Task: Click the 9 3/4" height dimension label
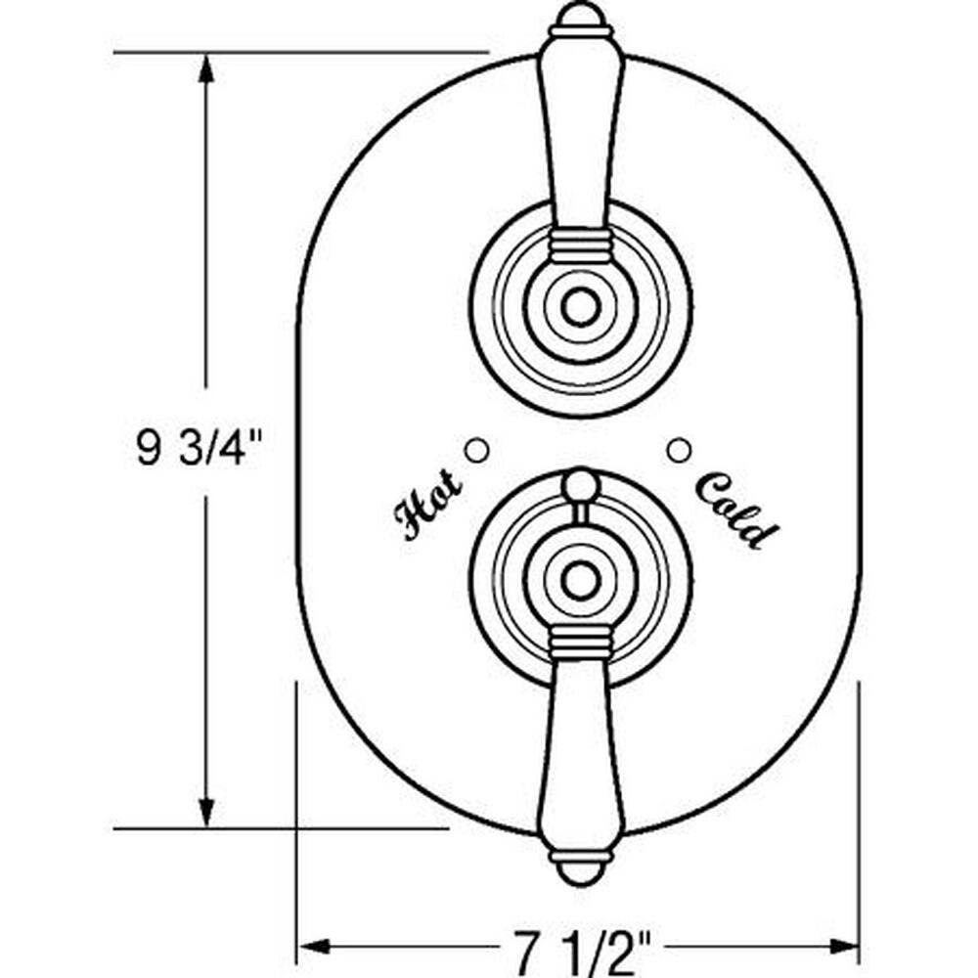[x=199, y=448]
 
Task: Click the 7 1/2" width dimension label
[x=582, y=949]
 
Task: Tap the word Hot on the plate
[x=428, y=506]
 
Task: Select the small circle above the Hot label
[x=478, y=450]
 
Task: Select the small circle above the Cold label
[x=679, y=450]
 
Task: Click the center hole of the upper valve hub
[x=580, y=307]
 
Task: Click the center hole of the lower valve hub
[x=580, y=580]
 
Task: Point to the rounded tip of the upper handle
[x=580, y=16]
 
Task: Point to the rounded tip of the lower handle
[x=580, y=873]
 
